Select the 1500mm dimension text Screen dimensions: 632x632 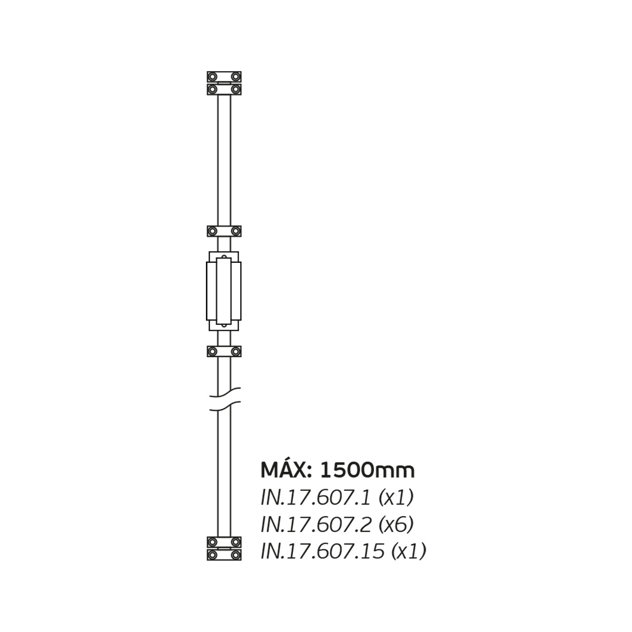click(x=367, y=470)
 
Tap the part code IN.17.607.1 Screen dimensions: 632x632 click(x=316, y=498)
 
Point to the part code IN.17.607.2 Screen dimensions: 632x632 click(x=316, y=525)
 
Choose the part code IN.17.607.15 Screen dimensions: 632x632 click(x=322, y=551)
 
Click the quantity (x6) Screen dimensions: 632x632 click(x=396, y=525)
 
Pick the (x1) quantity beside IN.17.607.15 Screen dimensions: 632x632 click(x=409, y=551)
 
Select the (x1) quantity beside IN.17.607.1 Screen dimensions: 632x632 click(x=396, y=498)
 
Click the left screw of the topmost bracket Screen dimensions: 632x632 click(x=213, y=77)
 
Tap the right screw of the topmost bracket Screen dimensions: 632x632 click(x=235, y=77)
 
